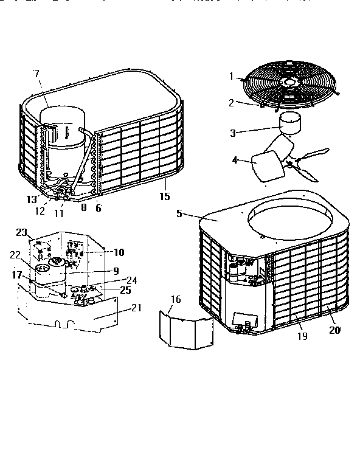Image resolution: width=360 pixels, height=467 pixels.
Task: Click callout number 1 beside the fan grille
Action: [x=231, y=76]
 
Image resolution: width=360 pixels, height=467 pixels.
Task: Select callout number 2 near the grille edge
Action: [x=231, y=102]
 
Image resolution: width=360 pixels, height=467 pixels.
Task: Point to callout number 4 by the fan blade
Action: [x=235, y=160]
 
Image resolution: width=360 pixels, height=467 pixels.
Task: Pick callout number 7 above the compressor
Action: [x=36, y=74]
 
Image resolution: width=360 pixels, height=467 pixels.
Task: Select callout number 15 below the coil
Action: [x=164, y=196]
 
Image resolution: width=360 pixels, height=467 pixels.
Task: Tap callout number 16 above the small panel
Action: [x=175, y=299]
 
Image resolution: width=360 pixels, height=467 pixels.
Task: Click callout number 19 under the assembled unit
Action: [x=302, y=335]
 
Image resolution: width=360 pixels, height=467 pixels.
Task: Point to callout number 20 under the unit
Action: [x=334, y=330]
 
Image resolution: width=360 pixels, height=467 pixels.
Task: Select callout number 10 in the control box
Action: [x=119, y=252]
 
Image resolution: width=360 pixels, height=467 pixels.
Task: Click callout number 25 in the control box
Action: [x=126, y=290]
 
